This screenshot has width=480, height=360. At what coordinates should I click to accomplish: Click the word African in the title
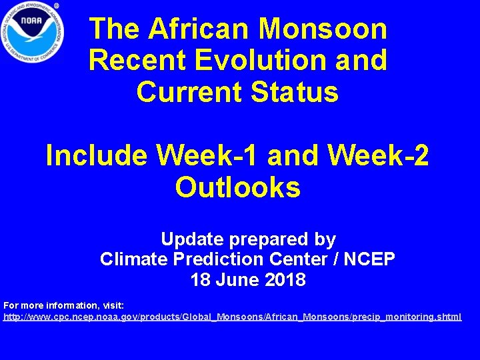[199, 29]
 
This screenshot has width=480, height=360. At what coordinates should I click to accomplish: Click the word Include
[97, 156]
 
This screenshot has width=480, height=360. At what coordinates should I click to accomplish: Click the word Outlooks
[238, 188]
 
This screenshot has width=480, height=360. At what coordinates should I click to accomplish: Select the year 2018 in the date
[285, 279]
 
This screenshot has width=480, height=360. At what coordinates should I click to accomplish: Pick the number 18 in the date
[200, 279]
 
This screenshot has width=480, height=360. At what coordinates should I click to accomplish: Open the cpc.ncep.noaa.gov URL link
[232, 317]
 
